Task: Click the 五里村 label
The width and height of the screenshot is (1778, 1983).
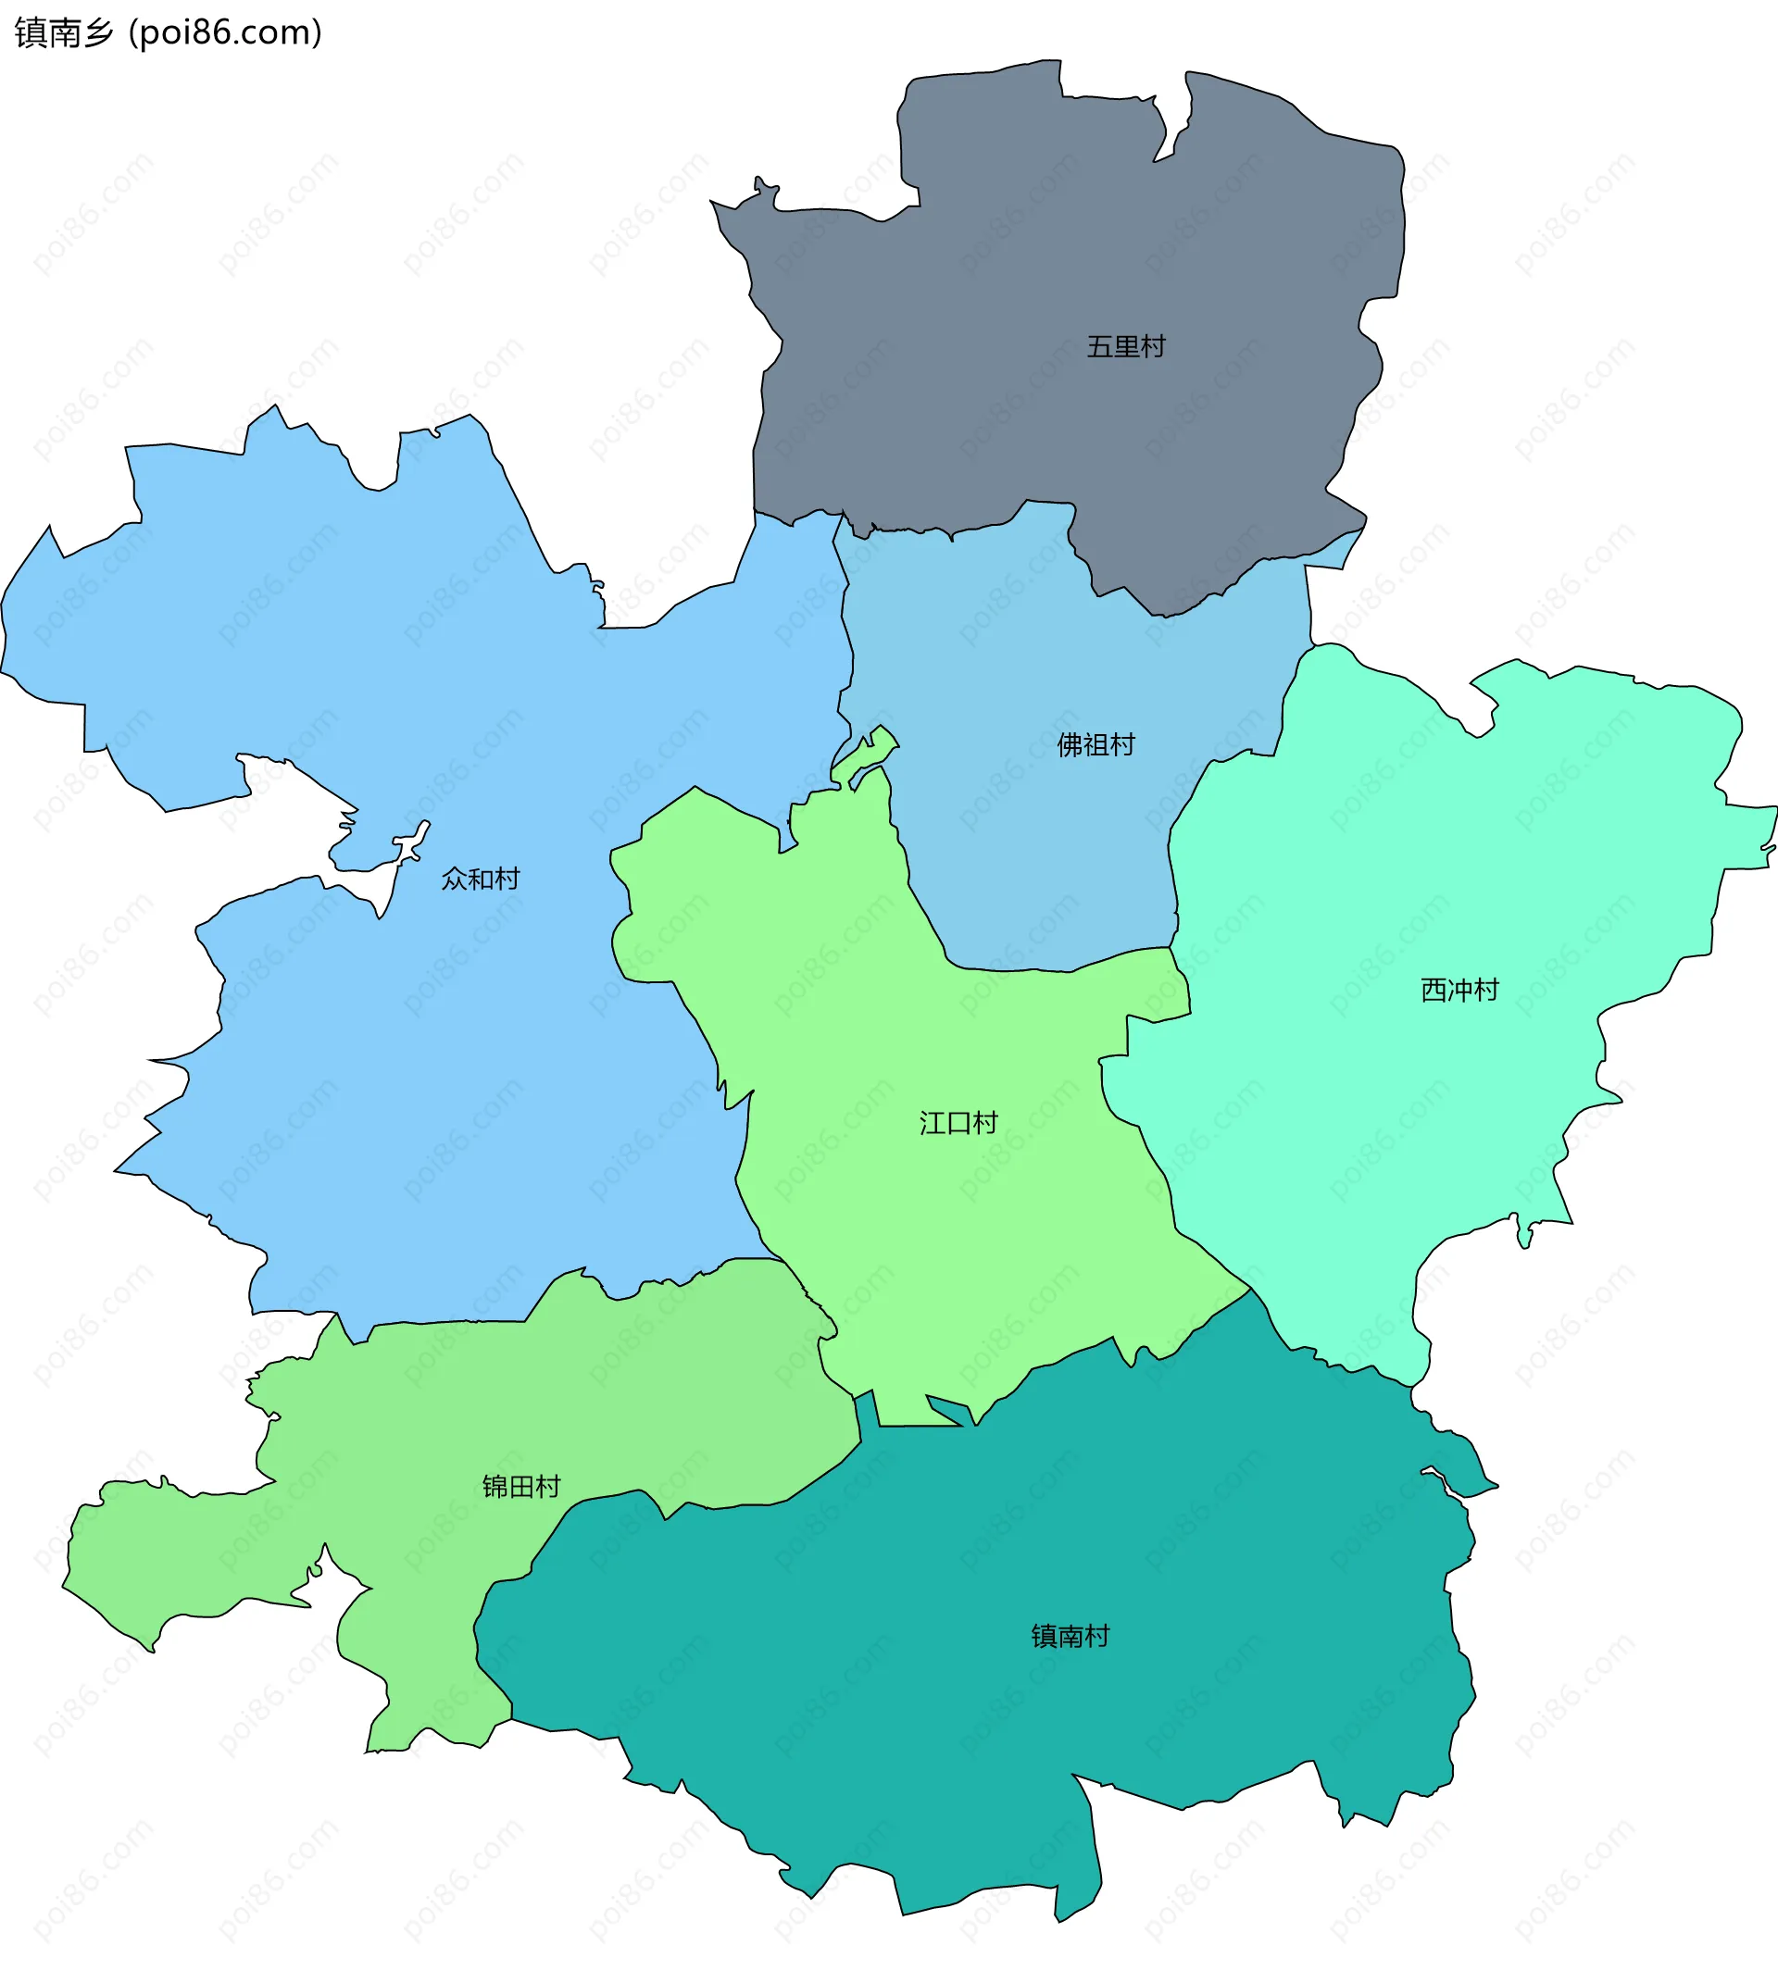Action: click(x=1125, y=347)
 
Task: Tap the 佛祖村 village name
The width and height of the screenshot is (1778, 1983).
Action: click(x=1096, y=745)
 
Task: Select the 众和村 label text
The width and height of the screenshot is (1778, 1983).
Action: click(x=480, y=879)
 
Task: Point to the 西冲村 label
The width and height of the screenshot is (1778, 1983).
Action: click(x=1459, y=991)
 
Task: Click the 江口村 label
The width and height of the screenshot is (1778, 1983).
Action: click(x=958, y=1123)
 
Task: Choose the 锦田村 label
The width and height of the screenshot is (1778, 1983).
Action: click(x=520, y=1487)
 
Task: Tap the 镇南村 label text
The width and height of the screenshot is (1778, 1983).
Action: click(x=1071, y=1636)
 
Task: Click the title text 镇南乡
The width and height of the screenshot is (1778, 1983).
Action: click(x=65, y=33)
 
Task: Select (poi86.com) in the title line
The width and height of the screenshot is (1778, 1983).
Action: click(x=225, y=33)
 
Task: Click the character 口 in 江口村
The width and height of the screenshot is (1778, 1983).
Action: click(x=958, y=1123)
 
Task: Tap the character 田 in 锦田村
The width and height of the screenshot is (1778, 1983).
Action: click(x=520, y=1487)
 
